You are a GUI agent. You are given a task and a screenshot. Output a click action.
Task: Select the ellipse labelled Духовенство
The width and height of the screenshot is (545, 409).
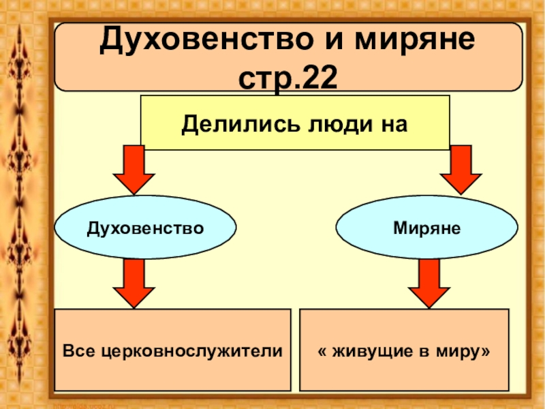tap(145, 227)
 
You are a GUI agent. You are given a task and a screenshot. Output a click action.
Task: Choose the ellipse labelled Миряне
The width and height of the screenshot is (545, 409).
tap(426, 227)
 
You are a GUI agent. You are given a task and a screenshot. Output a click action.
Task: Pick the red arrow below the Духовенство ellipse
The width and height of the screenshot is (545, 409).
tap(133, 282)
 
